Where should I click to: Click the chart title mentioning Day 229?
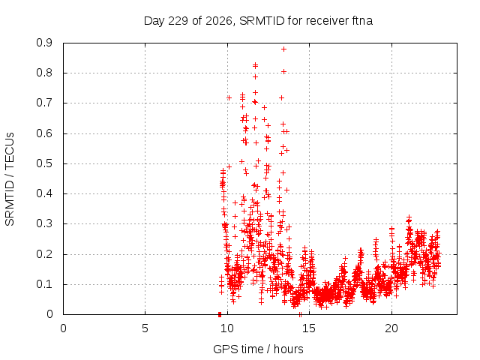(x=258, y=21)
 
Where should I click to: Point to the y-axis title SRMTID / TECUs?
(x=10, y=179)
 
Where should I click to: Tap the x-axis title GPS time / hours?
(x=258, y=349)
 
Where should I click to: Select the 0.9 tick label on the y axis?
(x=44, y=43)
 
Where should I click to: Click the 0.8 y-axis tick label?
(x=44, y=73)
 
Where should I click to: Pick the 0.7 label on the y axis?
(x=44, y=103)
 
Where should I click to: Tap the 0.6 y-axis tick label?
(x=44, y=133)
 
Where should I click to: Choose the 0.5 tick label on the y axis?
(x=44, y=163)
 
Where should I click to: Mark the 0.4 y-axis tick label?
(x=44, y=193)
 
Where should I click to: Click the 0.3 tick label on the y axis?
(x=44, y=223)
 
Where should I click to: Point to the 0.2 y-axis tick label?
(x=44, y=253)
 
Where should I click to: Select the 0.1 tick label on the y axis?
(x=44, y=284)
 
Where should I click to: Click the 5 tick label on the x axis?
(x=145, y=328)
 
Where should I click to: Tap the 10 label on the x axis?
(x=227, y=328)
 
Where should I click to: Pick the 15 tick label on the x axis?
(x=309, y=328)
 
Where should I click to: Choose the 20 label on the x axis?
(x=391, y=328)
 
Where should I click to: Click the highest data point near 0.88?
(x=283, y=49)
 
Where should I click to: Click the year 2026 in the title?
(x=219, y=21)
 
